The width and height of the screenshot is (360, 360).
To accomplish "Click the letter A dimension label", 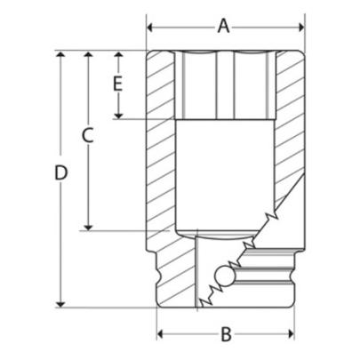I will [x=224, y=26].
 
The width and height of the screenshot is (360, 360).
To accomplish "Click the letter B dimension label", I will [x=226, y=334].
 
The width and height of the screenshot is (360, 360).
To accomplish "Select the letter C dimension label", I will [x=87, y=135].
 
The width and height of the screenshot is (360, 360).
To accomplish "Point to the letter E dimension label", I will [x=116, y=84].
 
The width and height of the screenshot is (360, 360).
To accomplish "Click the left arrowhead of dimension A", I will [x=152, y=26].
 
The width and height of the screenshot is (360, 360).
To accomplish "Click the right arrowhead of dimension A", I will [x=298, y=26].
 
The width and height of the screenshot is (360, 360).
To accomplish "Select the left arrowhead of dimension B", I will [x=163, y=334].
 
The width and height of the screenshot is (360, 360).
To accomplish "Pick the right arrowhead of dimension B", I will [x=289, y=334].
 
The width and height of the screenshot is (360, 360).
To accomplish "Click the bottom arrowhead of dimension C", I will [x=87, y=225].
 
